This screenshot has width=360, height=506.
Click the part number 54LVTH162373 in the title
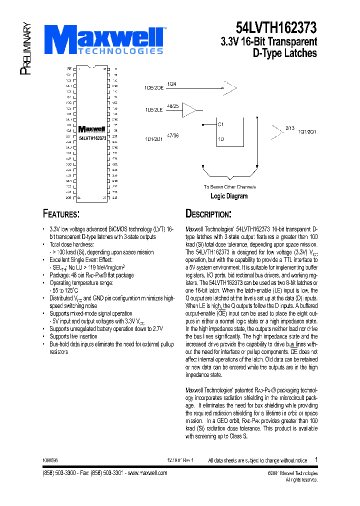click(276, 26)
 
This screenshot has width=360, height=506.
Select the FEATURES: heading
click(61, 214)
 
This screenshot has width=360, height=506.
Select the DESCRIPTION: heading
click(208, 214)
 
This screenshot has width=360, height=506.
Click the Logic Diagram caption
click(229, 196)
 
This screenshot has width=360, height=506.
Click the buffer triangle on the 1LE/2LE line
click(190, 110)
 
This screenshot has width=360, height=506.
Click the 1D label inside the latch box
click(220, 139)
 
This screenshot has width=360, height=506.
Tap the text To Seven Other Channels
click(229, 187)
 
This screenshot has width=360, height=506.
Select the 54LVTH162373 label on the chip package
click(92, 137)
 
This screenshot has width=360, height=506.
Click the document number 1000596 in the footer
click(50, 460)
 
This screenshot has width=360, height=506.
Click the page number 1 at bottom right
click(316, 459)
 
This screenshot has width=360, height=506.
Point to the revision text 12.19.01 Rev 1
click(180, 460)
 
